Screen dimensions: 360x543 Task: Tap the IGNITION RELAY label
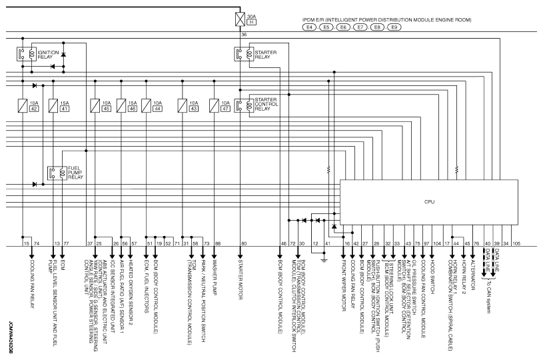[x=47, y=54]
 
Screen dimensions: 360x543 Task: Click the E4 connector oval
[x=310, y=29]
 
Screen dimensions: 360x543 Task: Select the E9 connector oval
[x=393, y=29]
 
